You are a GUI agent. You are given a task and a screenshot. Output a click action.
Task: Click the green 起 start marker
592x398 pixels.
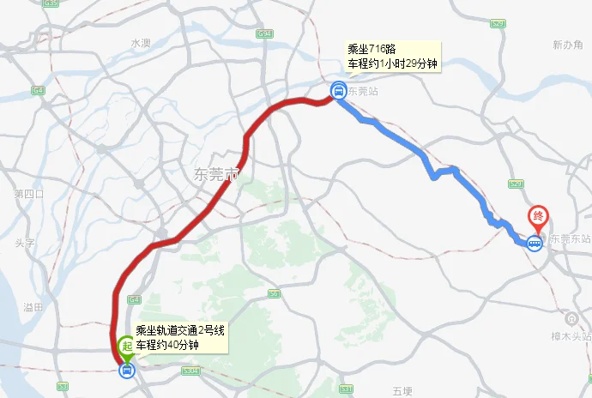[126, 346]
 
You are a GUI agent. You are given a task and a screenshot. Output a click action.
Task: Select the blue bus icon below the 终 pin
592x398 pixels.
[535, 243]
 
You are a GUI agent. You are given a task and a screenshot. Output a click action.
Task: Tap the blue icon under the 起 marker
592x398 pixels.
[127, 371]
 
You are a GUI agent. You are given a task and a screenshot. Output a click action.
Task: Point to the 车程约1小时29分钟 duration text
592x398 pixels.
[392, 63]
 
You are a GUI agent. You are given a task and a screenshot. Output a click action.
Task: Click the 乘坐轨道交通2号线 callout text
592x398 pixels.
[180, 331]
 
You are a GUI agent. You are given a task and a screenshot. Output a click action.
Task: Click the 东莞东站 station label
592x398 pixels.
[571, 239]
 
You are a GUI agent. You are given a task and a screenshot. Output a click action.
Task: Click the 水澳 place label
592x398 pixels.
[141, 42]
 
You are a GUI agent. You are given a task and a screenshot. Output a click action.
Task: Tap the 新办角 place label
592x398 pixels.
[567, 45]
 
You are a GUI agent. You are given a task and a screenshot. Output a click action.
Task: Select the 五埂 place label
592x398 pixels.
[402, 391]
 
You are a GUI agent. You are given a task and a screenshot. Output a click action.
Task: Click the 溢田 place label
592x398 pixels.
[34, 306]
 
